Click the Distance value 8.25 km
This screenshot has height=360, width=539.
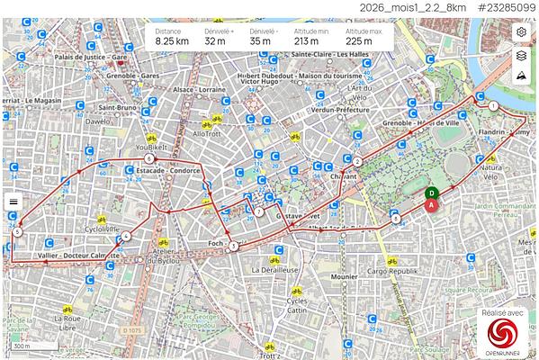tap(171, 41)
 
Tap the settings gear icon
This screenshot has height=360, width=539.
tap(521, 32)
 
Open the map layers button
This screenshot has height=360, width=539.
tap(521, 56)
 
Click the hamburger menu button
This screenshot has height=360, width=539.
tap(13, 202)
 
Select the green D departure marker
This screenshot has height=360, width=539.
tap(432, 193)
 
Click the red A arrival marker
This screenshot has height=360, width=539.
tap(432, 205)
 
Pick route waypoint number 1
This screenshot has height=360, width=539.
tap(493, 106)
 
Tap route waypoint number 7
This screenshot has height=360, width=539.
tap(258, 212)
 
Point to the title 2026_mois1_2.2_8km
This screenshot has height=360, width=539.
tap(400, 7)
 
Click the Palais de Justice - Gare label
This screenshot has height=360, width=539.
tap(90, 57)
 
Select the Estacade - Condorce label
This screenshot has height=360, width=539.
tap(168, 168)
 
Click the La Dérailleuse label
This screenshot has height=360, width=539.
tap(274, 269)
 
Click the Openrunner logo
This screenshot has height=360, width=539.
tap(504, 334)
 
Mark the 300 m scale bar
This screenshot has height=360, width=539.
tap(22, 346)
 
